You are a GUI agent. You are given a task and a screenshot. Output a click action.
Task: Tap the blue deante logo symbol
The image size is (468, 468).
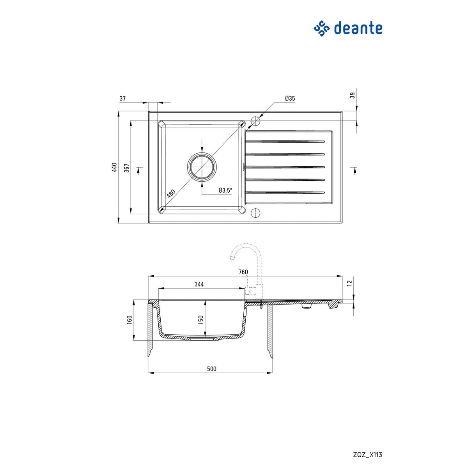(x=322, y=28)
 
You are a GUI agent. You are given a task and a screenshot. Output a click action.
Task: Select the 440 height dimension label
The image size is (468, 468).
(x=114, y=167)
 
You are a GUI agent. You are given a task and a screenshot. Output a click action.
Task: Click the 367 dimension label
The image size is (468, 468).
(x=127, y=167)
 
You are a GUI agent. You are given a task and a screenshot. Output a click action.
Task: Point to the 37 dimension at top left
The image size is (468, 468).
(x=122, y=99)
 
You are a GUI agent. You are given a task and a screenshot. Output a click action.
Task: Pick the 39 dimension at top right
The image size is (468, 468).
(x=353, y=96)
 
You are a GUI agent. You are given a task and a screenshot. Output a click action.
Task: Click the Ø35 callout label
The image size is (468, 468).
(x=290, y=99)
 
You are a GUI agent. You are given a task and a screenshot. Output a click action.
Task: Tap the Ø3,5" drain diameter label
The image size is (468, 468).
(x=225, y=190)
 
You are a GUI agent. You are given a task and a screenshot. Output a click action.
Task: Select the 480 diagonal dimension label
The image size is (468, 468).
(x=171, y=193)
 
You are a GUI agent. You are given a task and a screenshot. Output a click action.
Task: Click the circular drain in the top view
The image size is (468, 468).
(x=202, y=167)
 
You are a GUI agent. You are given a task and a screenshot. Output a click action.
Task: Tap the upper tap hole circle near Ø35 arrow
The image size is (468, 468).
(x=255, y=121)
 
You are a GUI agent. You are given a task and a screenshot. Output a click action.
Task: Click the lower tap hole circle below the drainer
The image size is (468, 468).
(x=255, y=213)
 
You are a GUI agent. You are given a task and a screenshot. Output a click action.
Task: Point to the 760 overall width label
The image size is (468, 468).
(x=243, y=272)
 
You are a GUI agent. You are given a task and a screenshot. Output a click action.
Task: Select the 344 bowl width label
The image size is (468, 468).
(x=199, y=284)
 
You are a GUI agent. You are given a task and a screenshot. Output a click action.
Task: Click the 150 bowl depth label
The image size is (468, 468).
(x=201, y=319)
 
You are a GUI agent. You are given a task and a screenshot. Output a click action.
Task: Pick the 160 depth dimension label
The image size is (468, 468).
(x=130, y=319)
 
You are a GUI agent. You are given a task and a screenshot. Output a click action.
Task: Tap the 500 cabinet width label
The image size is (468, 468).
(x=211, y=369)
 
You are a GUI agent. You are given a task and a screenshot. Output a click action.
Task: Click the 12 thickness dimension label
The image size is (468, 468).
(x=349, y=282)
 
